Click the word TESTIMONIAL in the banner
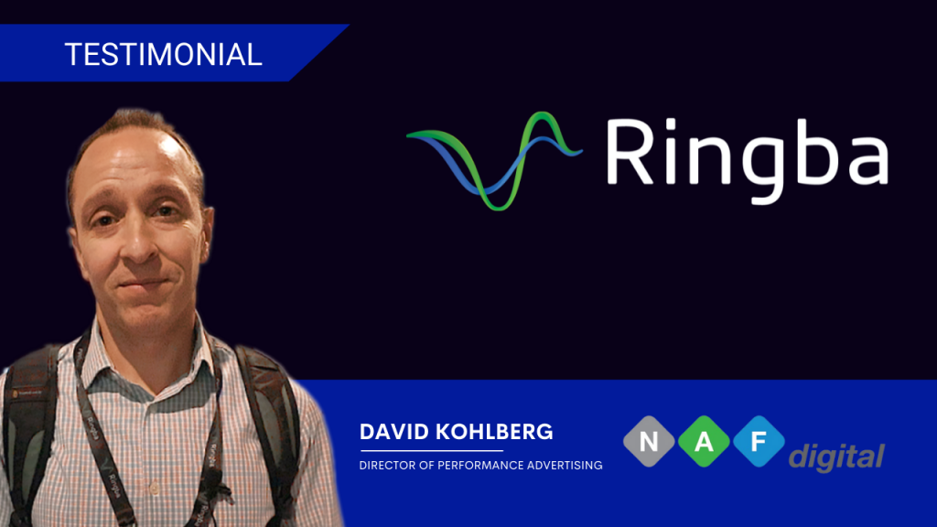(x=164, y=54)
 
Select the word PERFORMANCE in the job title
(x=482, y=466)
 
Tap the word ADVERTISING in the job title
(x=564, y=466)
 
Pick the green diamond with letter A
(x=705, y=442)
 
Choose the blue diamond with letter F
(x=758, y=442)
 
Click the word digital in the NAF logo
(x=836, y=456)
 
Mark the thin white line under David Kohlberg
(x=432, y=450)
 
